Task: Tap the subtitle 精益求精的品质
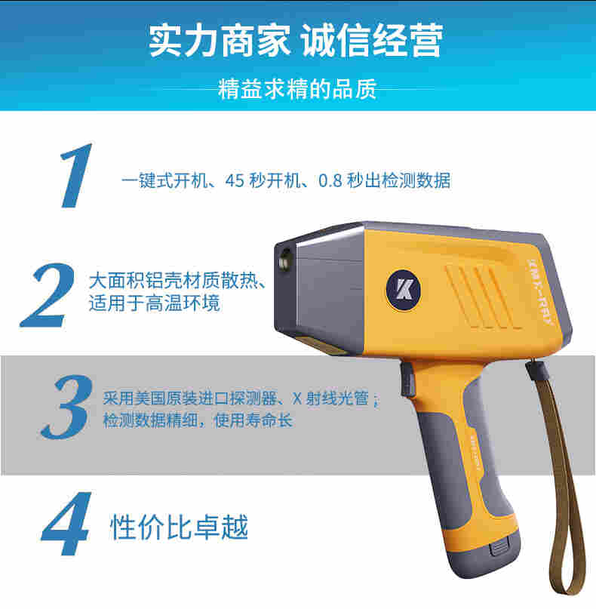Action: point(296,90)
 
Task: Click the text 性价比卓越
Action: point(179,526)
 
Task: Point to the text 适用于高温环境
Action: point(154,303)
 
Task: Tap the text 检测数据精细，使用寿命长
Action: point(197,420)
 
